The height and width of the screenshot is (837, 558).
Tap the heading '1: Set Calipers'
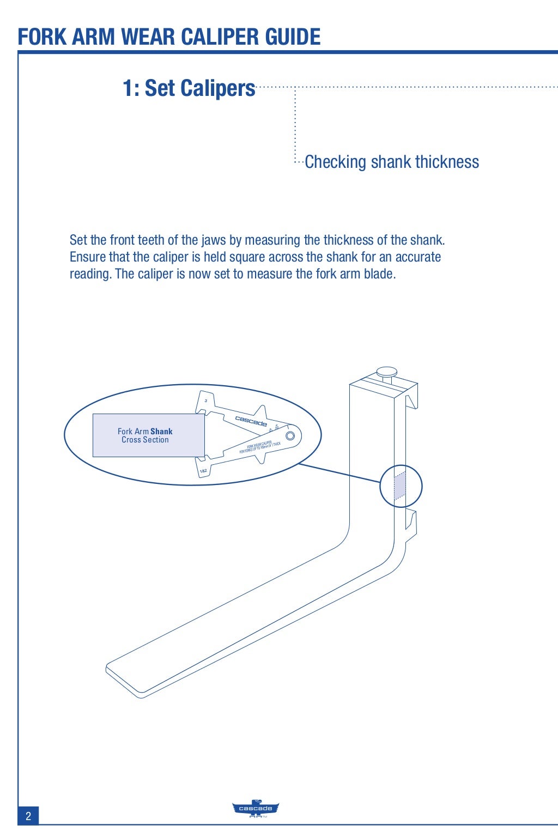pos(189,88)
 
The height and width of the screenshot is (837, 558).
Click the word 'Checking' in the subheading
pos(335,162)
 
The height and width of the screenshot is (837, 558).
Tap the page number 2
pos(28,816)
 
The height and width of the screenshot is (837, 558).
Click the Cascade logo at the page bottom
pos(256,809)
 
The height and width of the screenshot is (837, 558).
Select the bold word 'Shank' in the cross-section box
pos(161,431)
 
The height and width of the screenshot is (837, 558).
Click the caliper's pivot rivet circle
pos(290,435)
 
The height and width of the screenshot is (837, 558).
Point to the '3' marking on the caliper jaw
pos(205,401)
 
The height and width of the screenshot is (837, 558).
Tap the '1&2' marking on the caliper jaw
pos(203,470)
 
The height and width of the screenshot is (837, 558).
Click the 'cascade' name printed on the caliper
pos(251,421)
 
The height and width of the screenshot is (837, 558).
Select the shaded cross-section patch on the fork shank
pos(399,486)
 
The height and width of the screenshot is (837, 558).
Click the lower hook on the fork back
pos(411,525)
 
